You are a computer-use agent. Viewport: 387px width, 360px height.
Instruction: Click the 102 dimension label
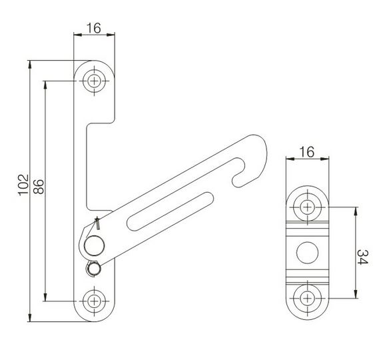23,185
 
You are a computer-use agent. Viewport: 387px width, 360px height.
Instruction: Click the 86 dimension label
39,187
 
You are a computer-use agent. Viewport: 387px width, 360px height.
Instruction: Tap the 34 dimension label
362,257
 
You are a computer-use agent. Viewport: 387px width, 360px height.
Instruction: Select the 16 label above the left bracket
94,28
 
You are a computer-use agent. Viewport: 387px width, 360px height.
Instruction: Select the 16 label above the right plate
307,152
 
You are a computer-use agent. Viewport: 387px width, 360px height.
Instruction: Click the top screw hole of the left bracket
94,81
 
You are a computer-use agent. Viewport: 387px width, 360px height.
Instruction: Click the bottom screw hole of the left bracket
94,301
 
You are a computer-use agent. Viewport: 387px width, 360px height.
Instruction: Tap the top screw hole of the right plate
307,207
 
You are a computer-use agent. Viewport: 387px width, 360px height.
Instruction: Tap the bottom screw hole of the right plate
307,299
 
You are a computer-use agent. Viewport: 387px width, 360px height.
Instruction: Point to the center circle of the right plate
307,253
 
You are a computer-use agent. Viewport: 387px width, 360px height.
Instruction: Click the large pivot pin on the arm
94,245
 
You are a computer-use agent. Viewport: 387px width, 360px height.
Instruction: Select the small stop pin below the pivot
93,269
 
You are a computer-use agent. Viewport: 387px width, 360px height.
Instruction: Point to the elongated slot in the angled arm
171,211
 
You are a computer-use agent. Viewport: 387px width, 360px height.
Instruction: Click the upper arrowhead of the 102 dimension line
30,64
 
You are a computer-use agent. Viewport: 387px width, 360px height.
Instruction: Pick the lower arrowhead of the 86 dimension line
45,297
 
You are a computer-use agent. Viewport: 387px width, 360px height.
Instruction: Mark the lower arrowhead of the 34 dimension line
356,295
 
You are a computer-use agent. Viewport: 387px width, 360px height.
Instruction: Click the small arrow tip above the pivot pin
97,219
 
